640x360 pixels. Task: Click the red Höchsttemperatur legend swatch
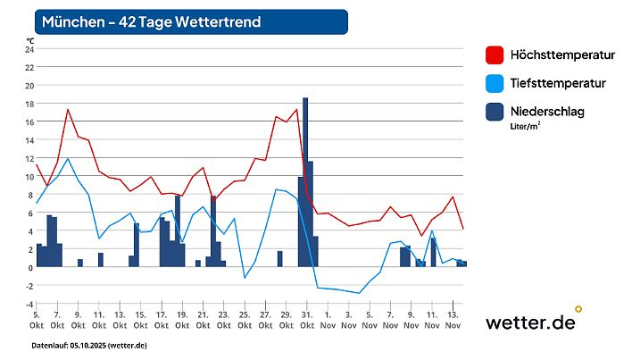coord(494,55)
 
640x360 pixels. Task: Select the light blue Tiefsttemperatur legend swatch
coord(494,84)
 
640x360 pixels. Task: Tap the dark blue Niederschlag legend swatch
coord(494,112)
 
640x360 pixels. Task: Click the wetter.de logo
coord(532,322)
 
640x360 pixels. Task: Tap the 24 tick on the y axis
coord(29,50)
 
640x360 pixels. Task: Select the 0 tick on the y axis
coord(30,267)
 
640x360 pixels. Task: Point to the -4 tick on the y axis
coord(29,304)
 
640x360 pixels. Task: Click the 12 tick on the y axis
coord(29,158)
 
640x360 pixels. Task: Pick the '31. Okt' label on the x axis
coord(306,320)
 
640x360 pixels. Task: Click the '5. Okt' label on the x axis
coord(36,320)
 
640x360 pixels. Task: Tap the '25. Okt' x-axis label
coord(244,320)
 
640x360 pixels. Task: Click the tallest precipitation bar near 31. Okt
coord(305,179)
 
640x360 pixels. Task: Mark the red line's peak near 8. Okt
coord(68,110)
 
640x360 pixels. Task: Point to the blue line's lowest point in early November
coord(359,293)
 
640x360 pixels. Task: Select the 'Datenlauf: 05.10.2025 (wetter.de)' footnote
coord(88,345)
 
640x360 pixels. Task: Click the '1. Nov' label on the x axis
coord(327,320)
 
